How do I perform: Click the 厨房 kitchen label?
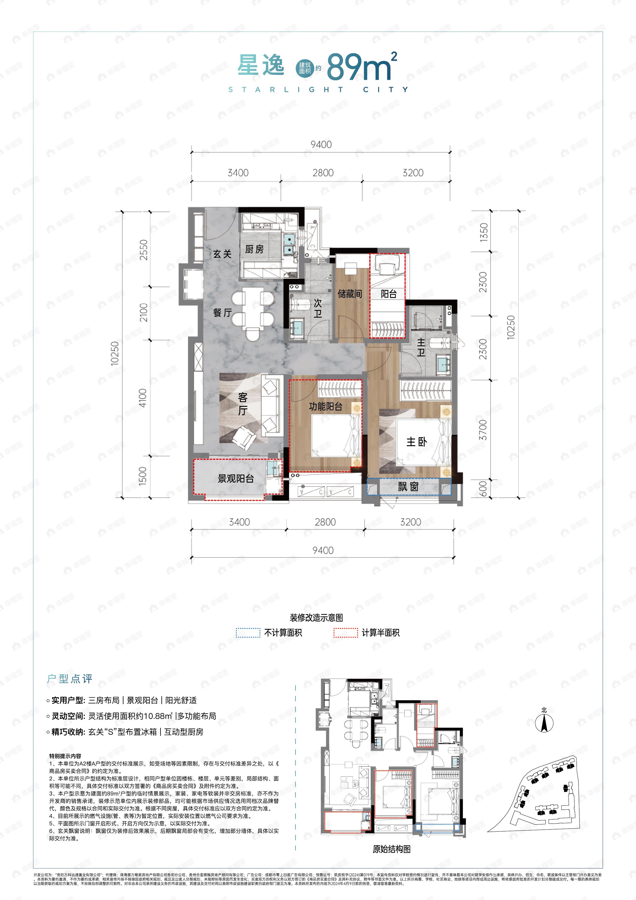(x=254, y=249)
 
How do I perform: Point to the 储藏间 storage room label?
(x=350, y=294)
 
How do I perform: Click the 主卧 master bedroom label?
(x=416, y=442)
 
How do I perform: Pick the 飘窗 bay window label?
(x=408, y=487)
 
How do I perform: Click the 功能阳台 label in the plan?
(x=325, y=406)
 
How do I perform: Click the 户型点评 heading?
(x=70, y=679)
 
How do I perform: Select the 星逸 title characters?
(x=261, y=65)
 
